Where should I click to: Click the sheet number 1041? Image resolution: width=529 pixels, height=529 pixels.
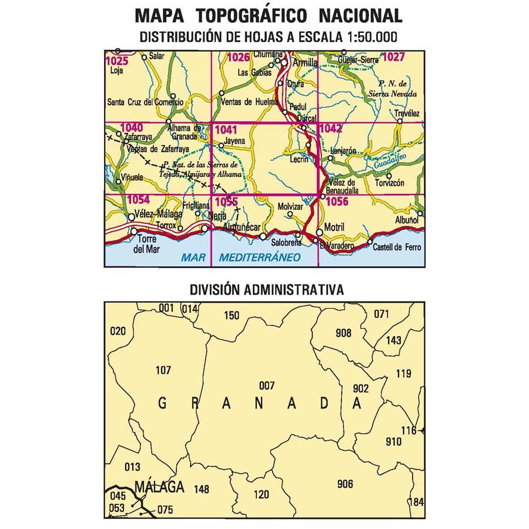[226, 130]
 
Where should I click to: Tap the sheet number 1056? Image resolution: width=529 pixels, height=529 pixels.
[337, 202]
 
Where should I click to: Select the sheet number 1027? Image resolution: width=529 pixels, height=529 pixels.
[393, 57]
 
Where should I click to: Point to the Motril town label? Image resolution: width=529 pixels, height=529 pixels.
[334, 227]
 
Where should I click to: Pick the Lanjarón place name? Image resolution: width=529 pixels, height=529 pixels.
[344, 150]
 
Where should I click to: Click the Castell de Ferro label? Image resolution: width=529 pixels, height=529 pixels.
[397, 248]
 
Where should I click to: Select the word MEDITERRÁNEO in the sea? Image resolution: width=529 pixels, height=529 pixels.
[260, 257]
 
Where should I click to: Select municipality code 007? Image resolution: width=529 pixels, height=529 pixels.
[266, 386]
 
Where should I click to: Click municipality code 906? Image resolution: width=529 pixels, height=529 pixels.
[345, 484]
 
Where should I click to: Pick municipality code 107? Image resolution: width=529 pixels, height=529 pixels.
[163, 370]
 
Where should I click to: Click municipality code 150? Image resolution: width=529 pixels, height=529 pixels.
[232, 316]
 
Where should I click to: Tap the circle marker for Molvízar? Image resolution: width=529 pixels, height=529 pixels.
[289, 215]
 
